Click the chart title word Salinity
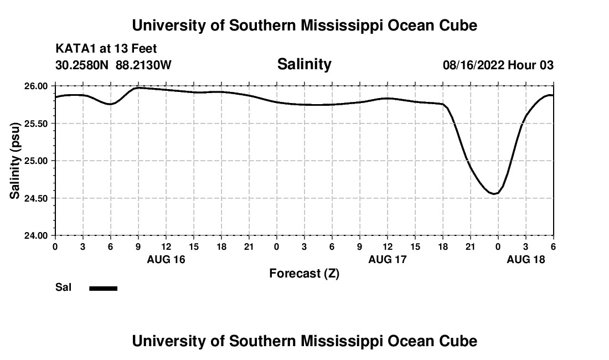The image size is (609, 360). click(x=304, y=64)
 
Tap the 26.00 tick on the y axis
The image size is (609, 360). click(x=37, y=86)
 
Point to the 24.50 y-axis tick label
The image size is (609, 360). click(x=37, y=198)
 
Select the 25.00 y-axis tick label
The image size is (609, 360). click(x=37, y=161)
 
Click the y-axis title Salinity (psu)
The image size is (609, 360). click(x=16, y=161)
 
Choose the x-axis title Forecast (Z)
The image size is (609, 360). click(x=304, y=273)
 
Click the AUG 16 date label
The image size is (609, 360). click(x=166, y=259)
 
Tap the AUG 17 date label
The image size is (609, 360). click(x=388, y=259)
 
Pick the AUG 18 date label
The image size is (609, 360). click(x=526, y=259)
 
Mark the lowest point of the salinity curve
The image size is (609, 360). click(x=495, y=193)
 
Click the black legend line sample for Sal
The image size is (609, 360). click(x=103, y=288)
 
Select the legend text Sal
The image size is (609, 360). click(x=63, y=287)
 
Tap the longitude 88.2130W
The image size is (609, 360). click(x=143, y=65)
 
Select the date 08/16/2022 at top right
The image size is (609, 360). click(x=473, y=65)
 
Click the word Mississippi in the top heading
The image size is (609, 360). click(x=335, y=25)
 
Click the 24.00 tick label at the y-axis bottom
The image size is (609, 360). click(x=37, y=235)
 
